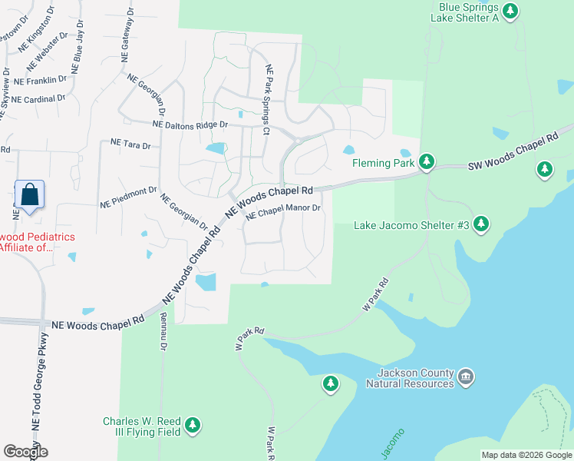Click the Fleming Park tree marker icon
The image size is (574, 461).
(x=427, y=162)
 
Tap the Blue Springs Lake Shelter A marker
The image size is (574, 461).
(x=511, y=12)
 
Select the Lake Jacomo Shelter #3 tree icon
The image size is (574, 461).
(x=481, y=224)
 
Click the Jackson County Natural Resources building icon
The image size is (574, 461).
(x=466, y=376)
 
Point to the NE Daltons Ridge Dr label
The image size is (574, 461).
(x=190, y=124)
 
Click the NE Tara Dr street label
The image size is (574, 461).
(x=130, y=143)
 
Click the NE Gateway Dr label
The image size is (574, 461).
(x=125, y=38)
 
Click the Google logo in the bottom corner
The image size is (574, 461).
(x=25, y=452)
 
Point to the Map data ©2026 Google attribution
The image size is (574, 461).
(x=526, y=455)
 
